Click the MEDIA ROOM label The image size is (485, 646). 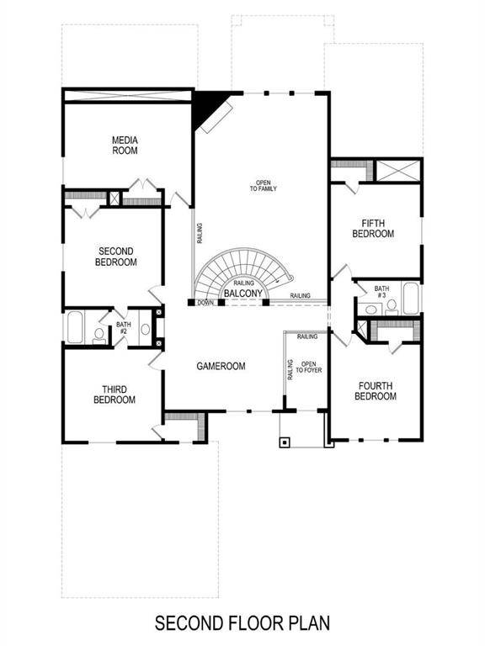pos(125,145)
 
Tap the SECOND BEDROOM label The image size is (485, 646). pos(117,257)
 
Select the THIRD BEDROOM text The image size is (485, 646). pos(114,394)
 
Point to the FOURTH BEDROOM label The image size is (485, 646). pos(375,391)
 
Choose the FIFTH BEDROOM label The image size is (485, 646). pos(373,228)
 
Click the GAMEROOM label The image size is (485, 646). pos(221,367)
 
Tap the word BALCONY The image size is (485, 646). pos(252,294)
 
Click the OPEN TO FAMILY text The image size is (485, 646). pos(263,185)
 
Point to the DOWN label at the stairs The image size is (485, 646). pos(205,302)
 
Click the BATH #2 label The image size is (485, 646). pos(123,328)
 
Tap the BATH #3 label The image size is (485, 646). pos(381,292)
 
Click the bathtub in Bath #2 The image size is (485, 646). pos(74,328)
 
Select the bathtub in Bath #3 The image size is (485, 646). pos(411,299)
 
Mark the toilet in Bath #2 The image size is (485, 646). pos(99,335)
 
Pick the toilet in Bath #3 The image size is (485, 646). pos(391,308)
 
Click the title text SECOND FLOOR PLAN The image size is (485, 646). pos(242,623)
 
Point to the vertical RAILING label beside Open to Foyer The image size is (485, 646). pos(290,369)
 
